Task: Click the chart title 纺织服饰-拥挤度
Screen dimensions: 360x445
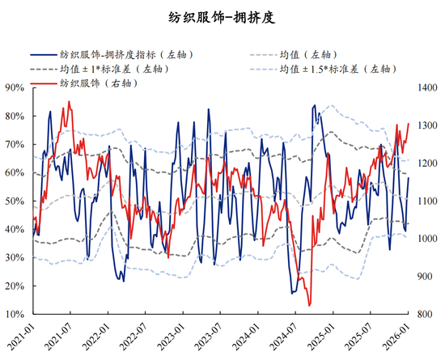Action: pyautogui.click(x=222, y=17)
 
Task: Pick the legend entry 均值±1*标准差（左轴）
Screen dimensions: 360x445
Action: pyautogui.click(x=117, y=70)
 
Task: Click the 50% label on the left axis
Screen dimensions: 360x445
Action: pyautogui.click(x=15, y=201)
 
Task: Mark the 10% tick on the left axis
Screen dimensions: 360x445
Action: pyautogui.click(x=15, y=314)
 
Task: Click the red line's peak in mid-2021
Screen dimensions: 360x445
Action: pyautogui.click(x=69, y=102)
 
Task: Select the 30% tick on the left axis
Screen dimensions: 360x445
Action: pyautogui.click(x=15, y=257)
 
